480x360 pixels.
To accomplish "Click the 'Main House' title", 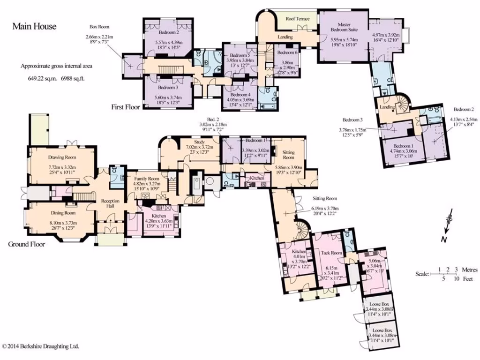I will (x=34, y=26).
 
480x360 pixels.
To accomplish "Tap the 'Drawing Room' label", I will (x=62, y=157).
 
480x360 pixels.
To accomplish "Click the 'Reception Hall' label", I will (x=111, y=204).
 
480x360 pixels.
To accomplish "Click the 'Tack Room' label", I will (x=332, y=253).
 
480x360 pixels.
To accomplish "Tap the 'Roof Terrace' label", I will (x=298, y=19).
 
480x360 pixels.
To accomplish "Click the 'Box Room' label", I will (x=99, y=27).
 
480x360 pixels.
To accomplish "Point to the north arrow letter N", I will (x=443, y=240).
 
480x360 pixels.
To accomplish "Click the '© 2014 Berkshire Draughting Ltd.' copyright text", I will (x=40, y=346).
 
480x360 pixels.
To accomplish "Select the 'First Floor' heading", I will (x=126, y=107).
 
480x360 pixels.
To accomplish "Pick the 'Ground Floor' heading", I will (x=26, y=244).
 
